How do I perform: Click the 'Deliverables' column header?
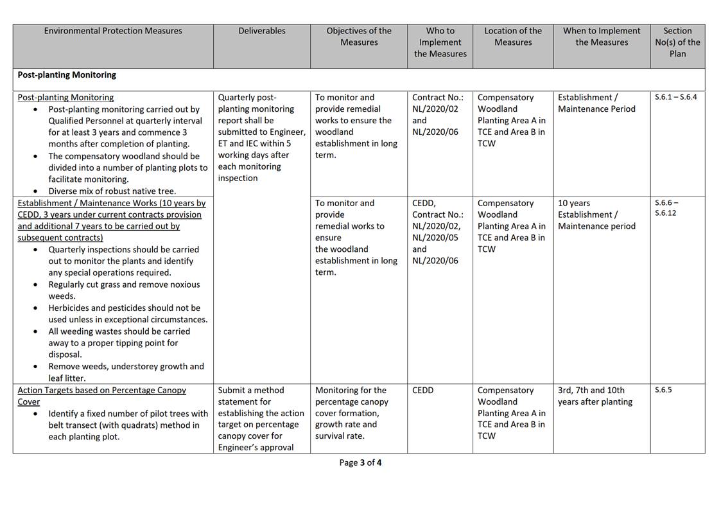tap(261, 31)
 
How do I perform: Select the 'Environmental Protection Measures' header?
tap(113, 31)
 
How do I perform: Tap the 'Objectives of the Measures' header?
tap(359, 37)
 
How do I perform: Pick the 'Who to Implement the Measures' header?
tap(440, 42)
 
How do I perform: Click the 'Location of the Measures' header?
tap(513, 37)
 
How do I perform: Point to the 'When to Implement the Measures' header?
tap(602, 37)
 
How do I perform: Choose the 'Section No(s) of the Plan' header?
tap(677, 42)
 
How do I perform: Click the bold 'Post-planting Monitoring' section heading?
tap(67, 75)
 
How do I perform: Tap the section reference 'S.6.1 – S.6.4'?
tap(675, 97)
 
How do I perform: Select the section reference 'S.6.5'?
tap(663, 390)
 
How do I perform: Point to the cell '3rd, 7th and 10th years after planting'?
tap(595, 396)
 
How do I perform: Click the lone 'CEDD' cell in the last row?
tap(423, 390)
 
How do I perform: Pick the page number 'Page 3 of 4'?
tap(360, 462)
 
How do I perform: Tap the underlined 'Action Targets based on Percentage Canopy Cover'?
tap(101, 396)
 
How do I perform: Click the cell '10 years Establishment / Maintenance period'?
tap(596, 215)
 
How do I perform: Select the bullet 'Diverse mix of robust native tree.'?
tap(112, 191)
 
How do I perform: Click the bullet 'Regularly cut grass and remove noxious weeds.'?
tap(124, 290)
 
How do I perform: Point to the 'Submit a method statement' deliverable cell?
tap(261, 419)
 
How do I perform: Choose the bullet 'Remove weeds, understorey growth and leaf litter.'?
tap(126, 372)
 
